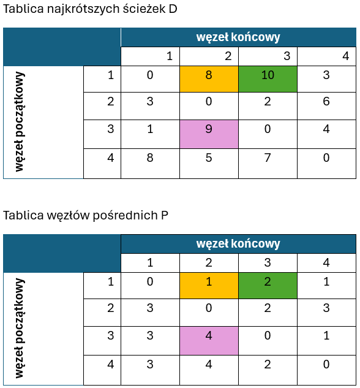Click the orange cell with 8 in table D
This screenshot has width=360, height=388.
coord(209,79)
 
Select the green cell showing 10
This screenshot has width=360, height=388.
coord(268,79)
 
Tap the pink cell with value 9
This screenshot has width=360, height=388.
coord(209,134)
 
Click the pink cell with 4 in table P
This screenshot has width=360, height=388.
coord(209,341)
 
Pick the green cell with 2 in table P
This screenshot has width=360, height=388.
coord(268,286)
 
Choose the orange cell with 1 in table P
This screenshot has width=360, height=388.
coord(209,286)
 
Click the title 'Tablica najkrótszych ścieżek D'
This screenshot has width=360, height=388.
coord(90,9)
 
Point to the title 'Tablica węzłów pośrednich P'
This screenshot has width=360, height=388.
coord(86,216)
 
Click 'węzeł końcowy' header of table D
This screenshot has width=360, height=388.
coord(238,37)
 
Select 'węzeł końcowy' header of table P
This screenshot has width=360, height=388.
coord(238,244)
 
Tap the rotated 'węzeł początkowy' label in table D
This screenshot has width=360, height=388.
coord(19,122)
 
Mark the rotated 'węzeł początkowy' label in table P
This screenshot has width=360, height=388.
coord(19,328)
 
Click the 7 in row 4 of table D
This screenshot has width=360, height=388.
coord(268,158)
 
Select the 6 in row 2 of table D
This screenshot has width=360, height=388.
coord(326,102)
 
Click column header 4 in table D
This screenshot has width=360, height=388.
coord(346,56)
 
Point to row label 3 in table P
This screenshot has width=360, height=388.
coord(110,335)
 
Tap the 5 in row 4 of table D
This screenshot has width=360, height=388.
coord(209,158)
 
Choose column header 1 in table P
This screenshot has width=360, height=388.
coord(150,262)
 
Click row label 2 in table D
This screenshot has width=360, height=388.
coord(110,102)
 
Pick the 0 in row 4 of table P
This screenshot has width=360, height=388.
coord(326,364)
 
